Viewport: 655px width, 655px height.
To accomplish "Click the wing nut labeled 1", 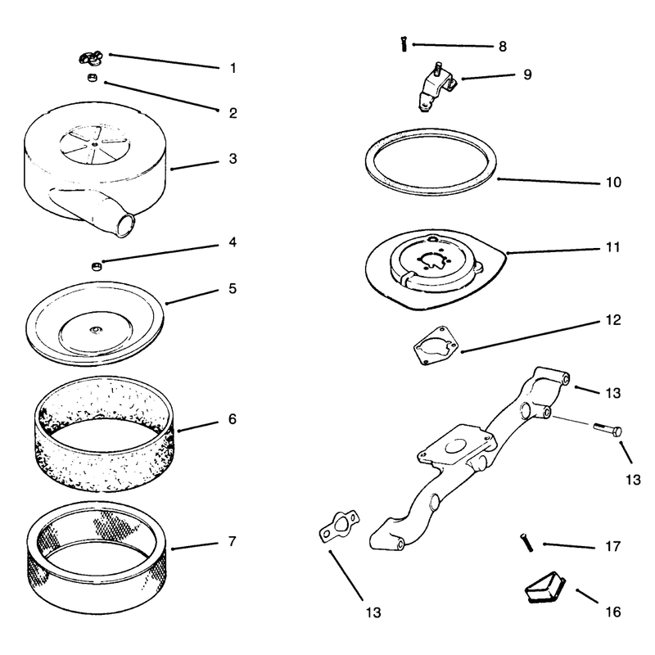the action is (91, 58).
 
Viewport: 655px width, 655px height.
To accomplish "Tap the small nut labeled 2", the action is (92, 77).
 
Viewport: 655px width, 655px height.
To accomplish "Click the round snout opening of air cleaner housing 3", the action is (126, 225).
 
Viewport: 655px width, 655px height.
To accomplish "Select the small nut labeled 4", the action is (97, 266).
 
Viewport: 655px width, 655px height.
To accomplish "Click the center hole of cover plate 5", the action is (96, 331).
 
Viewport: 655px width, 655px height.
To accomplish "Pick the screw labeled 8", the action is (404, 43).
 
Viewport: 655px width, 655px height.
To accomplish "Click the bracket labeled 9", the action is (436, 87).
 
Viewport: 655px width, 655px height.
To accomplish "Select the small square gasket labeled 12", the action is (436, 346).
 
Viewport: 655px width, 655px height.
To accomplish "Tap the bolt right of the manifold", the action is (608, 429).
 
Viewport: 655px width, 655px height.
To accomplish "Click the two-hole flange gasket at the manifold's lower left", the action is (339, 526).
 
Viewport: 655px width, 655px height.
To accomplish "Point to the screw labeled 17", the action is (526, 542).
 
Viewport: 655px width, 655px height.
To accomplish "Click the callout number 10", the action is (613, 182).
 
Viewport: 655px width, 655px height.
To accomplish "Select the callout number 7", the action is (233, 541).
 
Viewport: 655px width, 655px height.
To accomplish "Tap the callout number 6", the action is (233, 419).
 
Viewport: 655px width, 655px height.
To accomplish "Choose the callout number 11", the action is (612, 247).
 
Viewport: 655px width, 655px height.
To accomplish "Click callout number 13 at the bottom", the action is (373, 612).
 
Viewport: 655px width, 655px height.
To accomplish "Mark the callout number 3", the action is (233, 159).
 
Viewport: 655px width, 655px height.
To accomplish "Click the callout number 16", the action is (613, 612).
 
